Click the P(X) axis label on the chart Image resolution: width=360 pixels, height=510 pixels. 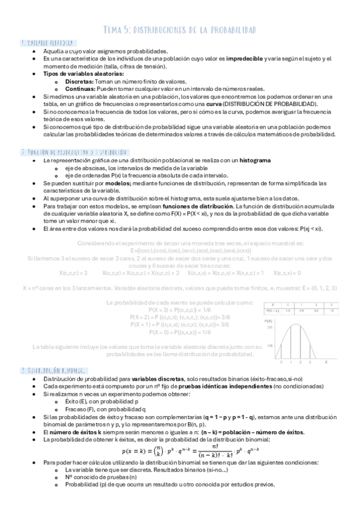(x=269, y=321)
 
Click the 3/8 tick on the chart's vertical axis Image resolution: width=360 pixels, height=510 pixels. (x=270, y=327)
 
